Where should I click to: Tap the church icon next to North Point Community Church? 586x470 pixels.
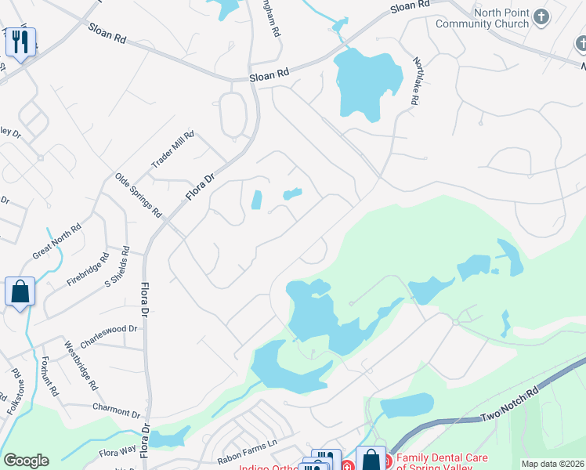[x=541, y=16]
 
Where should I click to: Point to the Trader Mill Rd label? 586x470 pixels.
[x=172, y=150]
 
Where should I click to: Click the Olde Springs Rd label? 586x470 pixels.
[x=138, y=196]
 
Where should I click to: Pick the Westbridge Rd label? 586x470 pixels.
[x=81, y=366]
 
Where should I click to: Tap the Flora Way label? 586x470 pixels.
[x=118, y=452]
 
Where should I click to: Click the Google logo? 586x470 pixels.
[x=26, y=461]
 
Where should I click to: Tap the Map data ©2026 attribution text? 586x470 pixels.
[x=552, y=464]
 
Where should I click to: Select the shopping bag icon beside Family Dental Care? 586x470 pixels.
[x=371, y=459]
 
